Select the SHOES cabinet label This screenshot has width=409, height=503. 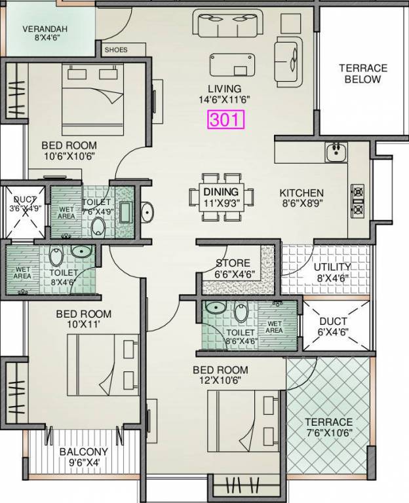point(116,50)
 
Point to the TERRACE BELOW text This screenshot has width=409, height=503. point(362,74)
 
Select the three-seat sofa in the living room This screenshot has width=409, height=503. point(229,24)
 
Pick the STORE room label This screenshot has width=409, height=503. point(233,264)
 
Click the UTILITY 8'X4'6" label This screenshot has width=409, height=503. point(332,272)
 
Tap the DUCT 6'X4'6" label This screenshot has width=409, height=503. point(332,327)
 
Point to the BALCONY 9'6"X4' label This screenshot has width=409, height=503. point(84,456)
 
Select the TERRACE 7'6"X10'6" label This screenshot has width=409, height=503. point(329,428)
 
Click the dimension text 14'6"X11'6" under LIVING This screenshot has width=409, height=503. point(224,100)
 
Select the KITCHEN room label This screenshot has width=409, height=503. point(302,193)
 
